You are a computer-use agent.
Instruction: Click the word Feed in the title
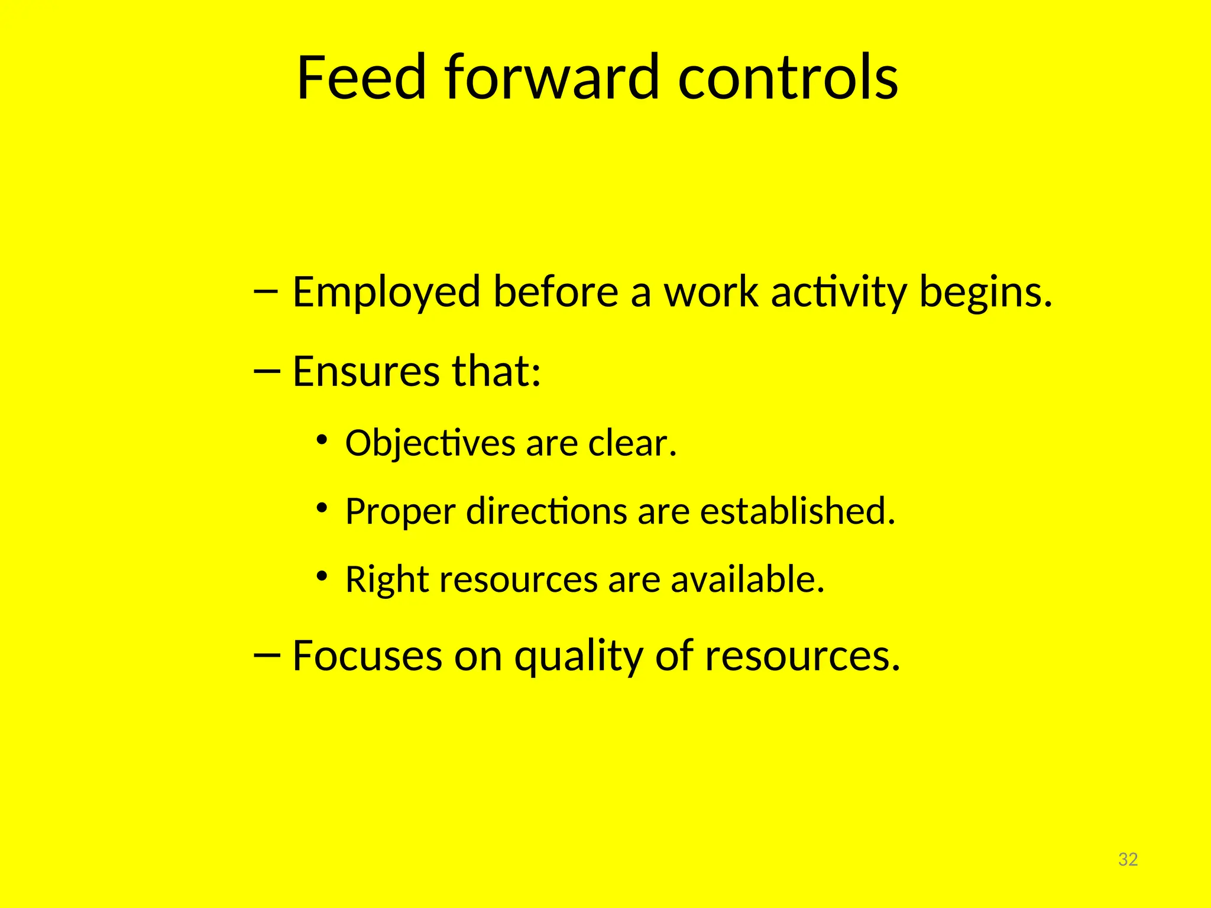tap(361, 77)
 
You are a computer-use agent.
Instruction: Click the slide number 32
tap(1128, 860)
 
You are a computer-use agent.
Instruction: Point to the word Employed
tap(386, 293)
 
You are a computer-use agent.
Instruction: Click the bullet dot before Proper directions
tap(321, 507)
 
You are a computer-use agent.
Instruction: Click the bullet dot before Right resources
tap(321, 575)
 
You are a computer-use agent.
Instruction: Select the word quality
tap(578, 657)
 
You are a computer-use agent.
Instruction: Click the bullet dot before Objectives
tap(321, 439)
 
